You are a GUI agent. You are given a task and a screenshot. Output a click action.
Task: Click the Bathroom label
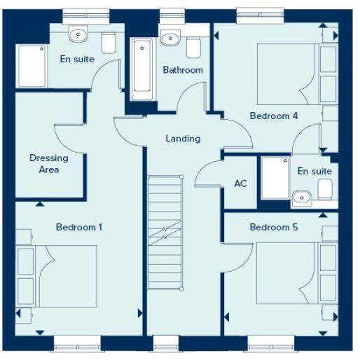tap(183, 70)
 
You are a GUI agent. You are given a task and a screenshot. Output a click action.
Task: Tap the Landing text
tap(183, 139)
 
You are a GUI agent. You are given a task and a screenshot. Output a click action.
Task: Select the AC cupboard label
tap(240, 184)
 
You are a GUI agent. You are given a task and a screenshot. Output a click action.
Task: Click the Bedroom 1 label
tap(79, 227)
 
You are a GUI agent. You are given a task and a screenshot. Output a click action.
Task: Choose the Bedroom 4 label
tap(274, 116)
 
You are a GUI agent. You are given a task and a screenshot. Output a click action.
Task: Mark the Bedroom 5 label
tap(274, 228)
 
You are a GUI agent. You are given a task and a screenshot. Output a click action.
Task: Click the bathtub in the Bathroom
tap(142, 67)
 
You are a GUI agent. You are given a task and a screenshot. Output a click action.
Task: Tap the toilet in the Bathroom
tap(193, 46)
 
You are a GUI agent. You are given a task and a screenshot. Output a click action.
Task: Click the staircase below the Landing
tap(165, 231)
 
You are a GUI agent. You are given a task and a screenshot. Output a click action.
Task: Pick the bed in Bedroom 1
tap(67, 277)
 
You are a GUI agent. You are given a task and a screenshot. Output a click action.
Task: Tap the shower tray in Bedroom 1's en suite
tap(29, 67)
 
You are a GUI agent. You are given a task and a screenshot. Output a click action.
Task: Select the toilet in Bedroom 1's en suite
tap(109, 43)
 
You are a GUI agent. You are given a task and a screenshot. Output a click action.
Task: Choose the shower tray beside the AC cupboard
tap(274, 179)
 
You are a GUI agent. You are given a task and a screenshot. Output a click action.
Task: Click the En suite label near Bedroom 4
tap(314, 172)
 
